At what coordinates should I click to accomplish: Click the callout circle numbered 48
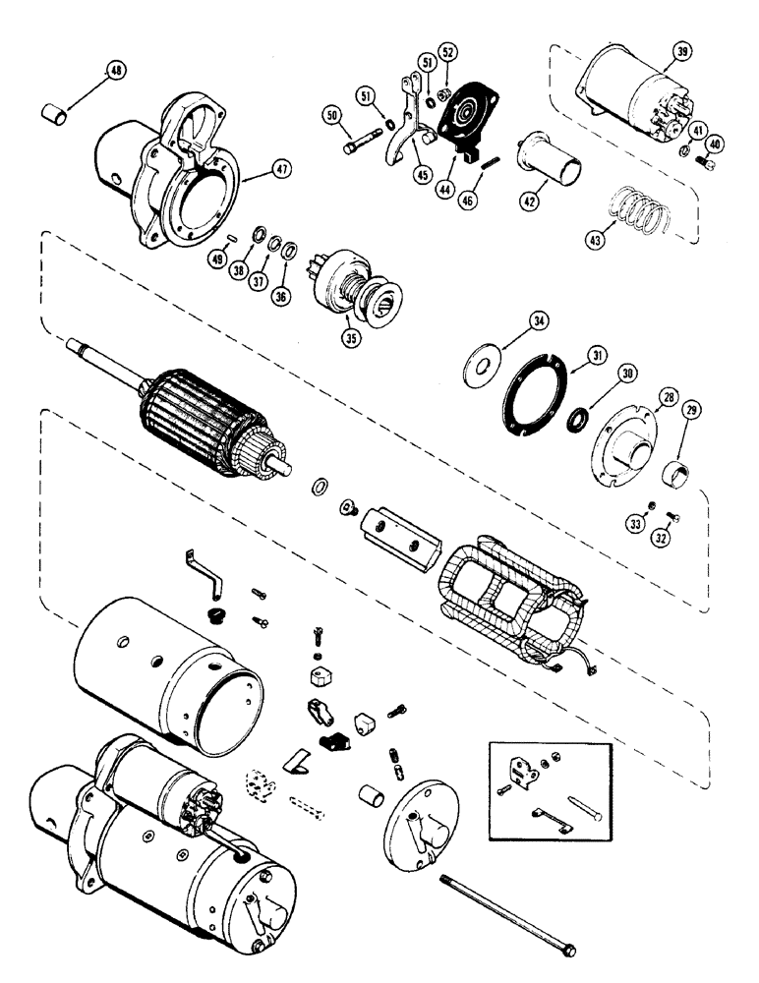(117, 72)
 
